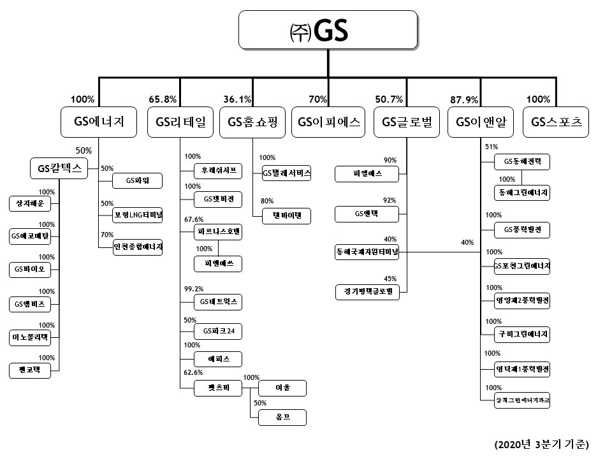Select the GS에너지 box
pos(99,122)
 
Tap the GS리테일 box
pos(180,122)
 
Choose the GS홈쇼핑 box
pos(253,122)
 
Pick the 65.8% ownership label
pos(163,99)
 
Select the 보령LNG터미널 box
pos(137,214)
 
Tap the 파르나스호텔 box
pos(219,233)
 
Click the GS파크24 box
pos(219,331)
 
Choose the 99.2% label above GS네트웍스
pos(194,289)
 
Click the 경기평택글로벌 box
pos(367,292)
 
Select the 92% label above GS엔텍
pos(389,200)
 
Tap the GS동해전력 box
pos(522,163)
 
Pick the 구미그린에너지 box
pos(522,334)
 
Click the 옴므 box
pos(282,417)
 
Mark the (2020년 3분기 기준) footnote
pos(541,444)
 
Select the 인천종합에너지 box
pos(137,247)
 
